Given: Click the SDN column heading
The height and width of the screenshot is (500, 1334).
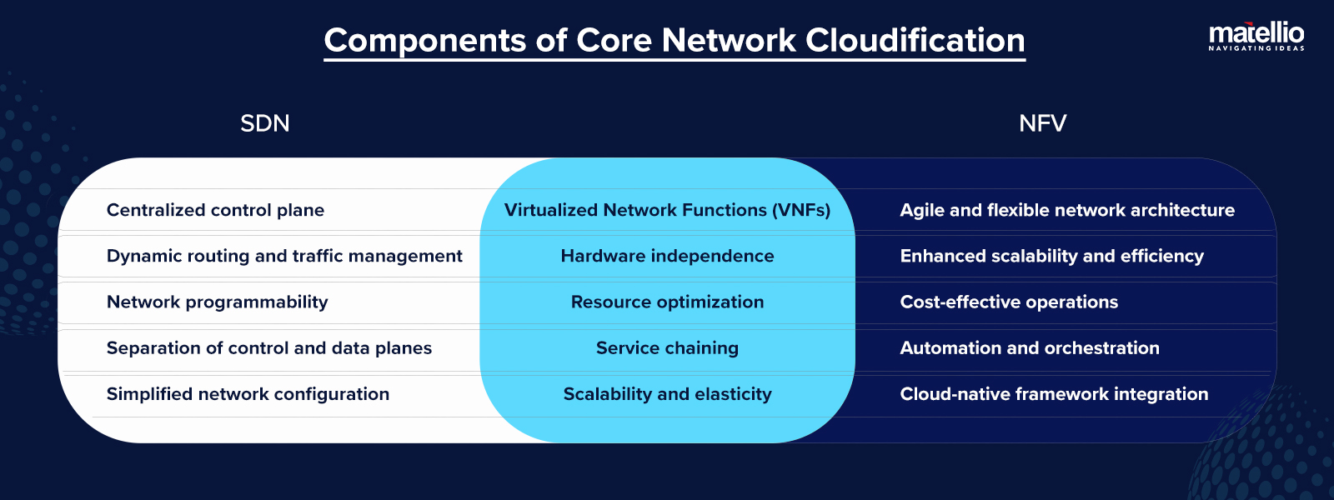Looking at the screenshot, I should pos(264,123).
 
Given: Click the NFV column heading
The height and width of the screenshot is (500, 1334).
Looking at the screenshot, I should pos(1042,123).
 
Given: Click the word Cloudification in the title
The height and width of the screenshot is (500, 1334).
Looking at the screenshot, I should pos(915,41).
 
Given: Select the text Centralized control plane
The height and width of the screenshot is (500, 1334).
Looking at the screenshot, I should pos(215,210).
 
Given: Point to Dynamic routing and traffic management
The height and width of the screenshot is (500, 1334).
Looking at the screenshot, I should pos(284,256).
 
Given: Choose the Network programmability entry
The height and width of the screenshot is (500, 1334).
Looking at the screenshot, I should pos(217,302).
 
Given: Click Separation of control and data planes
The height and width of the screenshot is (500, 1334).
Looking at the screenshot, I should pos(268,347).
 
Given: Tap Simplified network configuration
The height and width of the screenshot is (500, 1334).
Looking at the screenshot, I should pos(248,393).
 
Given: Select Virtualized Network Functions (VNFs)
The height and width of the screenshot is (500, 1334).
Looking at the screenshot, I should pos(667,210).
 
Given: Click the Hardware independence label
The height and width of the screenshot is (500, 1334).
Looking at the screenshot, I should pos(667,256).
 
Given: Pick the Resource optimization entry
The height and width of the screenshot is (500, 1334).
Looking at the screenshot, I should pos(667,302).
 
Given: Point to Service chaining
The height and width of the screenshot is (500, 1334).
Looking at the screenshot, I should pos(667,347).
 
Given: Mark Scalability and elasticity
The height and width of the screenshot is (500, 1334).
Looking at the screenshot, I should pos(667,393).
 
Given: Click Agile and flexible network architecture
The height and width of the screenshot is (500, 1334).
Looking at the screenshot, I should pos(1066,210).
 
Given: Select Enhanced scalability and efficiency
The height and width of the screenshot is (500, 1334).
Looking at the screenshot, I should pos(1051,256).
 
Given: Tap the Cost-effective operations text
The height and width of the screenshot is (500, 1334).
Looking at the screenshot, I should pos(1008,302).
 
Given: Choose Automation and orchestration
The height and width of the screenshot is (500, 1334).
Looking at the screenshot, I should pos(1029,347).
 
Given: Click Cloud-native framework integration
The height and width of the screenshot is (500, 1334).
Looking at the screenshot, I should pos(1053,393).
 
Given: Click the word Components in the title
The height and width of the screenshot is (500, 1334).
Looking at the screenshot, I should pos(424,41).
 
